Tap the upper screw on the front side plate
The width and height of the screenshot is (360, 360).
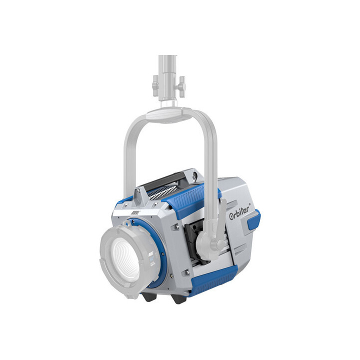pyautogui.click(x=177, y=227)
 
